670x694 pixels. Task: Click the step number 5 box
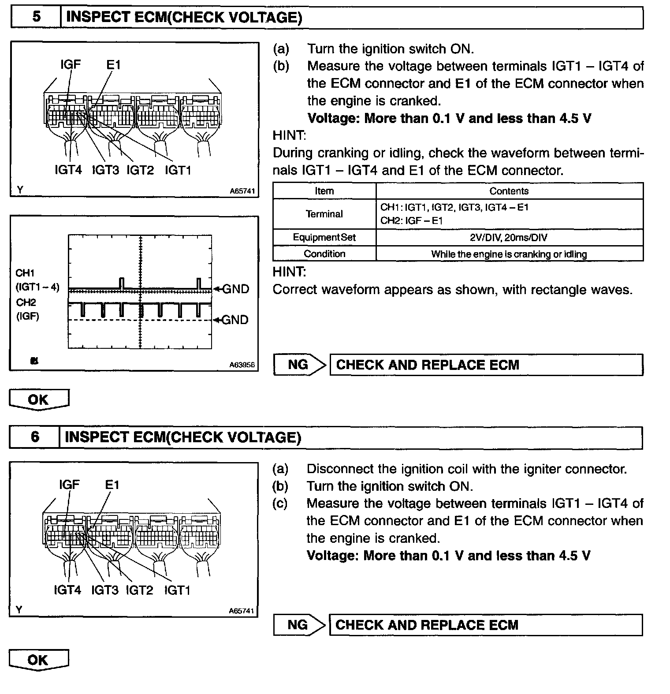tap(36, 17)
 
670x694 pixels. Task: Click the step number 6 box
tap(35, 437)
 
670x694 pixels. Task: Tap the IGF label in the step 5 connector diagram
tap(71, 65)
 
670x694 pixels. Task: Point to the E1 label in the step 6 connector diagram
tap(112, 485)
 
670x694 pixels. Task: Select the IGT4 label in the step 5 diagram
tap(68, 170)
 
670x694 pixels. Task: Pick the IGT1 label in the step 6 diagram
tap(177, 590)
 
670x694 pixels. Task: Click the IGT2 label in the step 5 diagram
tap(140, 170)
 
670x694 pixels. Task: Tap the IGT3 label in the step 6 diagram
tap(105, 590)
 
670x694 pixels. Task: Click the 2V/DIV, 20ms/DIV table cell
tap(509, 238)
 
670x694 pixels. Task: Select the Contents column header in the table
tap(509, 191)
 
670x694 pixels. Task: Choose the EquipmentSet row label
tap(324, 238)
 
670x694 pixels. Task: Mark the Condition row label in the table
tap(324, 254)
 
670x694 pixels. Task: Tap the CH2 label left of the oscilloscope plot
tap(26, 302)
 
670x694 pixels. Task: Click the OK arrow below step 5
tap(39, 399)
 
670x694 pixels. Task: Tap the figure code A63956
tap(242, 365)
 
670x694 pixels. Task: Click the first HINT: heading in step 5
tap(289, 135)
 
